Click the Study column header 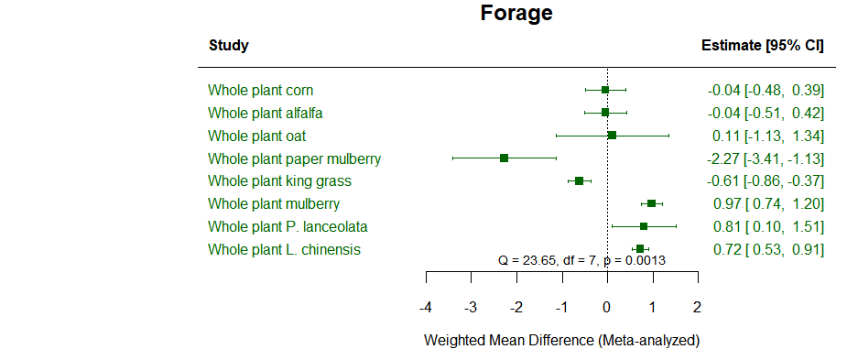pos(228,46)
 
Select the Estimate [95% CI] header pos(762,46)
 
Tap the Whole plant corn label pos(261,90)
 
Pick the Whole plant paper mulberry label pos(294,158)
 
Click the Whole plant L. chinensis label pos(284,249)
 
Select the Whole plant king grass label pos(279,181)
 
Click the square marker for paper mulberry pos(505,158)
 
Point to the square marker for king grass pos(580,181)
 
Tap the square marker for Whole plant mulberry pos(651,203)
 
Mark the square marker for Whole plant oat pos(613,136)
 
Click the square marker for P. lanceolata pos(644,226)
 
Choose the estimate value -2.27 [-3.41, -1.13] pos(766,158)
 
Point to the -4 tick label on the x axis pos(426,306)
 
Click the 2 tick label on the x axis pos(697,306)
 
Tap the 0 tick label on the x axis pos(607,306)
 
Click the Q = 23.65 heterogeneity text pos(581,260)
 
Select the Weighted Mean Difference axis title pos(561,341)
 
